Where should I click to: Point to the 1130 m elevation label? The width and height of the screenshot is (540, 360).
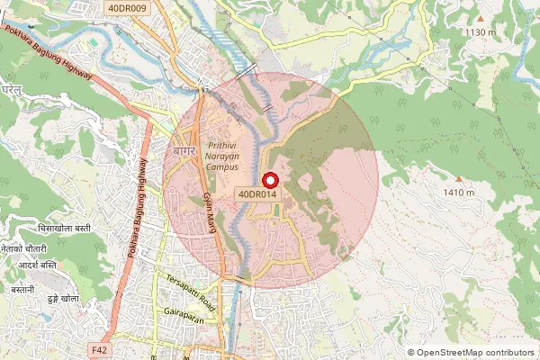[480, 32]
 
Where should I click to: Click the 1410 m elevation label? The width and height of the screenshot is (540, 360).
[458, 193]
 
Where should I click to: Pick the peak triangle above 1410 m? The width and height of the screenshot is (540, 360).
[458, 179]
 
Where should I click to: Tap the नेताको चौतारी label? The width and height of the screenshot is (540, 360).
[23, 247]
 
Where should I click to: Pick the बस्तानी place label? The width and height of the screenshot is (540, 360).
[17, 290]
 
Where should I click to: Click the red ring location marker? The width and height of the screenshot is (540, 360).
[267, 178]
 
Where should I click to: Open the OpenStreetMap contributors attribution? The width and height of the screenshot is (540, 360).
[476, 353]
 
